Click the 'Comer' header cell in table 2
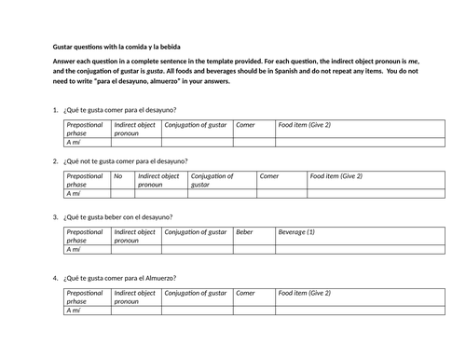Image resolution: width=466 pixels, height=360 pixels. [269, 175]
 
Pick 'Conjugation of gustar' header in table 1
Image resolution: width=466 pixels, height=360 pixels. [196, 124]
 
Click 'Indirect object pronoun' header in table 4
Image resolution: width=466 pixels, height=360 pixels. [134, 297]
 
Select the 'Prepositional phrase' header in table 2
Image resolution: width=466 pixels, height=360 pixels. [86, 180]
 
